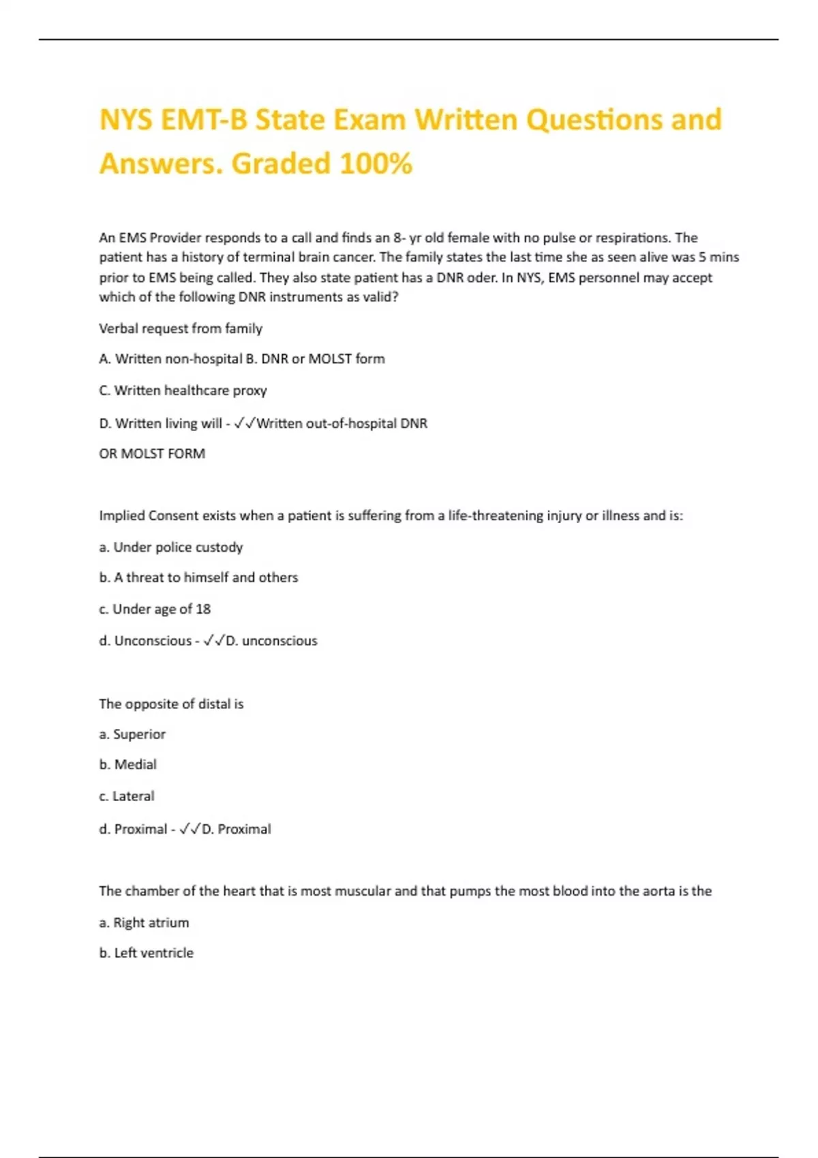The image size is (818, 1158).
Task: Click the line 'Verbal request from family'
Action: [181, 328]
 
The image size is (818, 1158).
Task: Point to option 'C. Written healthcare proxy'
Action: [183, 390]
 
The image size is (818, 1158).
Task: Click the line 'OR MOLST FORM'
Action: [152, 454]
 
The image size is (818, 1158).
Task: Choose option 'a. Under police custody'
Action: [170, 547]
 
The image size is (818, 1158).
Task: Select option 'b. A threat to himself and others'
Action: [198, 578]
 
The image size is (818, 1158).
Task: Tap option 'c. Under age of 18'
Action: [155, 609]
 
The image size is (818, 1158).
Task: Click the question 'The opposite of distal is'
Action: [171, 704]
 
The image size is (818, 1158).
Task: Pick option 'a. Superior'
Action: [132, 734]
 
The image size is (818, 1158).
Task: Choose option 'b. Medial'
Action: [127, 765]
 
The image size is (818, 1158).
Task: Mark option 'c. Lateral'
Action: [126, 796]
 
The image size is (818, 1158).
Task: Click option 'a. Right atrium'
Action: [144, 923]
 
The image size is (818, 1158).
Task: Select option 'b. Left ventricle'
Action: [146, 953]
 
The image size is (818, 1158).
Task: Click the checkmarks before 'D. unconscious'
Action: [214, 641]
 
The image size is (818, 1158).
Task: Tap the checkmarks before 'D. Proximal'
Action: [190, 829]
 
